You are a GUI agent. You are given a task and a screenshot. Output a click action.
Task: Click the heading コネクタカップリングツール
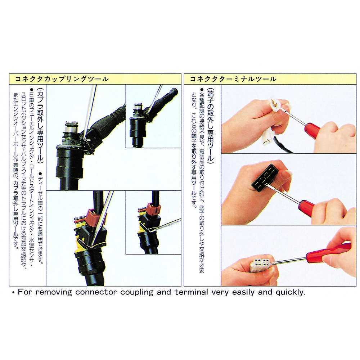pos(62,79)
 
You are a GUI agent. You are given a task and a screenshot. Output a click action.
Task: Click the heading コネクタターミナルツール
pos(233,79)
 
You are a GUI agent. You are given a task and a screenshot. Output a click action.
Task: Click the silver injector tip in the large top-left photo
pos(72,129)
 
